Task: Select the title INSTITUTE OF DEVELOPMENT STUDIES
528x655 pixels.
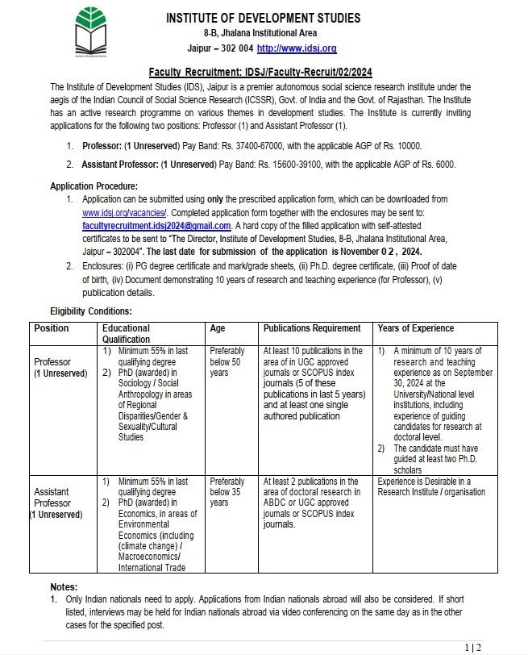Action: pos(263,18)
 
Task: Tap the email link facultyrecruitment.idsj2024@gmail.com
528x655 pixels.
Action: pos(156,226)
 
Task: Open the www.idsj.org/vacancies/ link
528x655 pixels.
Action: pos(121,212)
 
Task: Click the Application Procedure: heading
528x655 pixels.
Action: pos(94,186)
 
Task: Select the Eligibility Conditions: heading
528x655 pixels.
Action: pos(91,311)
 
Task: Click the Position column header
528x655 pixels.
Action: pos(52,328)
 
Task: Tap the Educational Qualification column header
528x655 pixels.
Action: pos(126,334)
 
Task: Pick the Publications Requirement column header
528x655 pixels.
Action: pos(312,328)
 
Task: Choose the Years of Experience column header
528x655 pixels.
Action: pos(415,328)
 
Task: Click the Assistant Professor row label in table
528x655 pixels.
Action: pos(56,503)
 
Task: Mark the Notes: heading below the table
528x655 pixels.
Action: pos(64,587)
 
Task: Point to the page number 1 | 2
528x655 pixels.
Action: pos(473,647)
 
